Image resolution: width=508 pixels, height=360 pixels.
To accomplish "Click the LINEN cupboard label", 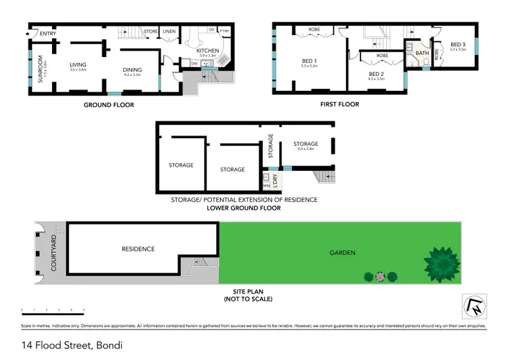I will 169,31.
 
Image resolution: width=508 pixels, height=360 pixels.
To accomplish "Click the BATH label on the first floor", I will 423,53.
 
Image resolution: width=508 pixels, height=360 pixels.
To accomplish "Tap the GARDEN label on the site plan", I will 342,253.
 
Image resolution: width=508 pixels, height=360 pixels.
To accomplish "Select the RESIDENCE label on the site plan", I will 138,249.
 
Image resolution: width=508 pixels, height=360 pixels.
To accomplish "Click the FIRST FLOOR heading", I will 340,104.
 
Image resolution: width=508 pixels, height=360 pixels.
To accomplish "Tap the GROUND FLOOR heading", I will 108,105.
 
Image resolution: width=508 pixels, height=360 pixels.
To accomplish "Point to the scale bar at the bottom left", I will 53,310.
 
